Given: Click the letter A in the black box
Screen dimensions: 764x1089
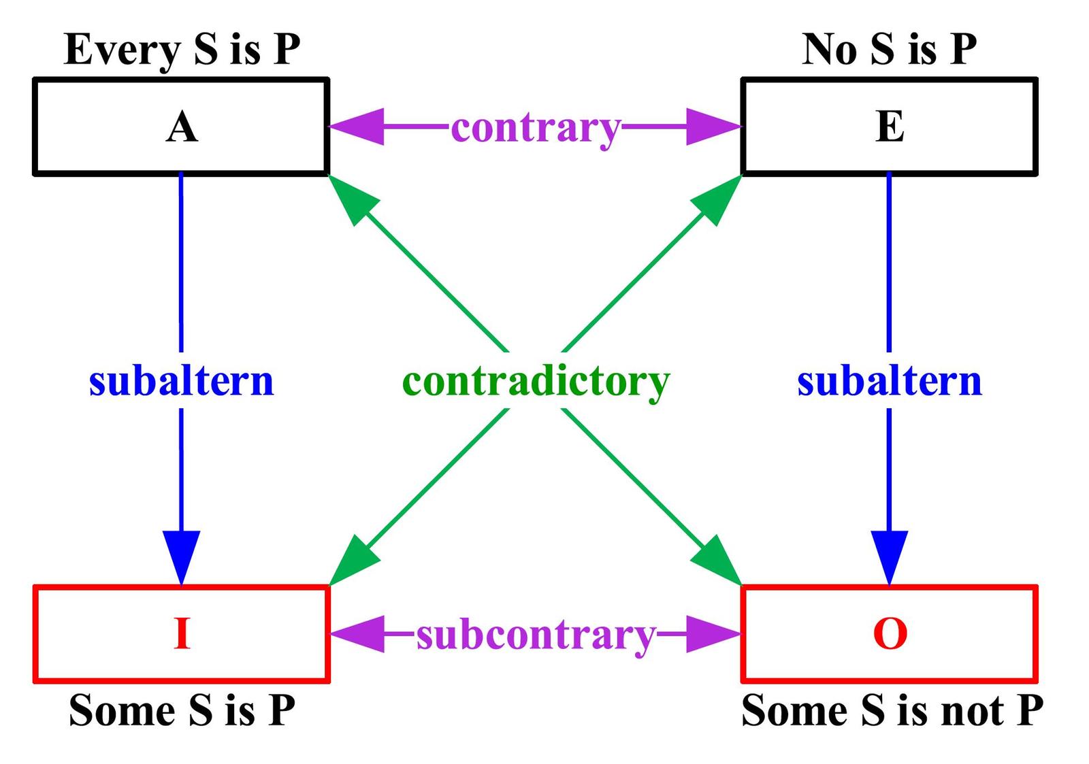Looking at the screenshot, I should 182,127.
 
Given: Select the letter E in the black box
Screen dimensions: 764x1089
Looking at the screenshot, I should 890,127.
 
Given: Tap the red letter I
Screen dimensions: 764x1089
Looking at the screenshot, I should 182,633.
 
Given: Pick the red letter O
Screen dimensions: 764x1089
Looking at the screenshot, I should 890,633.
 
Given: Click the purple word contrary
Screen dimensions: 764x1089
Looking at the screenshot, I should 536,128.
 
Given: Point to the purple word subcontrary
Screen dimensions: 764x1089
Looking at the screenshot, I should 536,635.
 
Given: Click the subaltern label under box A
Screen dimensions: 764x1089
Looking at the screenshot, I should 181,381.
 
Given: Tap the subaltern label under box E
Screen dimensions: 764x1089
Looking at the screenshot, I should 890,381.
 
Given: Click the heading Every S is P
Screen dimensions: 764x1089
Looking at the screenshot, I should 182,49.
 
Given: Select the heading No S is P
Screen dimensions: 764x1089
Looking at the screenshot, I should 890,49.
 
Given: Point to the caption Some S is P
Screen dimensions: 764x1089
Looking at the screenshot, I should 182,711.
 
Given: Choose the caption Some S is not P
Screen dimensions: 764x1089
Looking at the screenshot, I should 892,711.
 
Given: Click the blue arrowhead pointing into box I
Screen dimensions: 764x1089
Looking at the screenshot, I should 182,554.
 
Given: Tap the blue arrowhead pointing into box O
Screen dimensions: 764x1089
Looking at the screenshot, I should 890,554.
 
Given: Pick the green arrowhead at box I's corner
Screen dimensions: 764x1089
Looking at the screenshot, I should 353,562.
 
